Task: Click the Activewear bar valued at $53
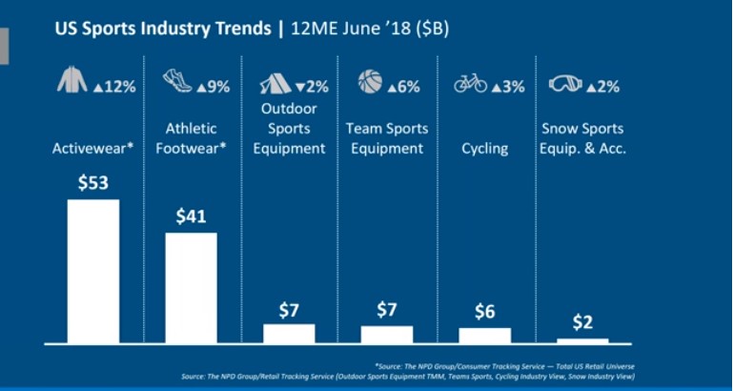tap(92, 271)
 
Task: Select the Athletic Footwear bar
tap(191, 287)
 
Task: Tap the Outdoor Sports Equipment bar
tap(289, 333)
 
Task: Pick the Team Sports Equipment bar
tap(386, 334)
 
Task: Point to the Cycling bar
tap(484, 335)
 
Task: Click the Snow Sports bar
tap(582, 340)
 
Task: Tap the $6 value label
tap(484, 312)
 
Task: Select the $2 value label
tap(582, 322)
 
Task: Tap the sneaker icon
tap(177, 80)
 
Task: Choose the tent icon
tap(276, 83)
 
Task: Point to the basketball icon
tap(370, 82)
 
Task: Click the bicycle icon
tap(470, 84)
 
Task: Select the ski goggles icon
tap(565, 84)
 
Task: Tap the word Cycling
tap(484, 149)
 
